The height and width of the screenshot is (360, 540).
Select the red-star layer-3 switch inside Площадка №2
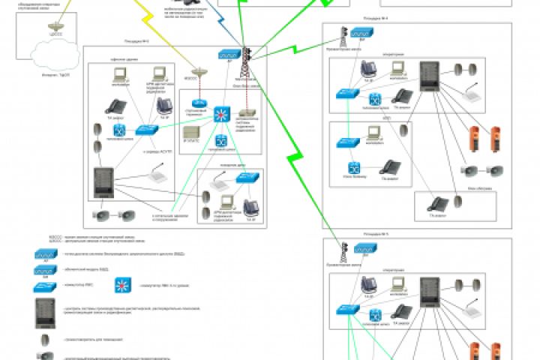220,115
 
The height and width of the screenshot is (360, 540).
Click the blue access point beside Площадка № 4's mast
361,34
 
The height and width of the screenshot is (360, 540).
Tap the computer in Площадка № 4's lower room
373,133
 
